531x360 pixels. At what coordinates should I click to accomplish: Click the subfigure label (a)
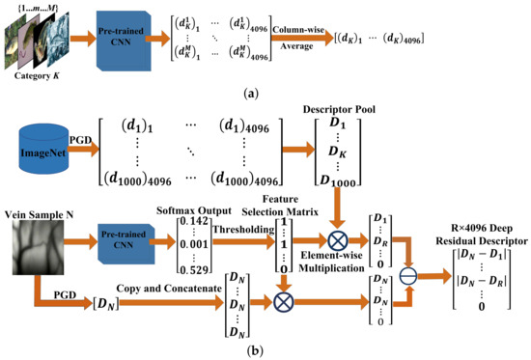(x=267, y=94)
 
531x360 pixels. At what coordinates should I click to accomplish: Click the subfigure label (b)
(x=267, y=350)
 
